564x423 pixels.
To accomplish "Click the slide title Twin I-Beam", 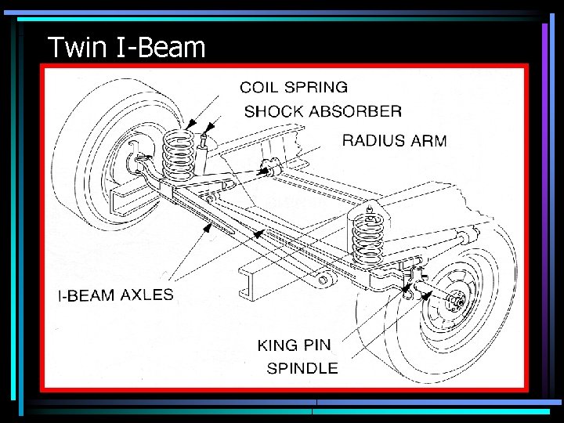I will (126, 48).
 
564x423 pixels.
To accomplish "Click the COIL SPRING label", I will (294, 87).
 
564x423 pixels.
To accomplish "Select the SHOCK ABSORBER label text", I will (323, 111).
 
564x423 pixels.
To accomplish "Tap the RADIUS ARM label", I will (394, 141).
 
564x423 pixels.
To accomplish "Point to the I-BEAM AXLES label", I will (116, 295).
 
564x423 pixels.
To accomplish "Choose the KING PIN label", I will (294, 345).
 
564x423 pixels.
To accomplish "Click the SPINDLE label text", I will (302, 368).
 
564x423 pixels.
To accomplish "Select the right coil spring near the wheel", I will (367, 235).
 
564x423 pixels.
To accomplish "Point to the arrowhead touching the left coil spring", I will (190, 125).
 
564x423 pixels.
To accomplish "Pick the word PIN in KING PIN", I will (317, 345).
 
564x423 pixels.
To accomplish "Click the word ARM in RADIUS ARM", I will (428, 141).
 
